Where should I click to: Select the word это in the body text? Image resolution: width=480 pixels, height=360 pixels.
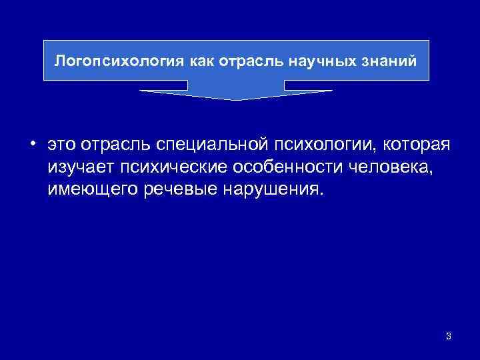click(x=61, y=145)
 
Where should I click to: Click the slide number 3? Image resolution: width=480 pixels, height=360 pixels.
click(x=448, y=337)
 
